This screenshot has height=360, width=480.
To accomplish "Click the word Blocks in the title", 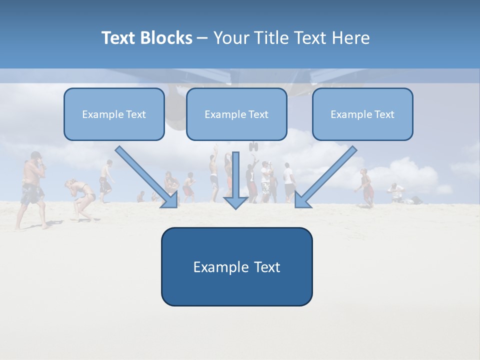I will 167,38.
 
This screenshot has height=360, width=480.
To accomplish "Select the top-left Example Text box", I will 114,114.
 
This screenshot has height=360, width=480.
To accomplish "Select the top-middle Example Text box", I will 236,114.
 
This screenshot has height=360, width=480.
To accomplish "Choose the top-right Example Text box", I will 362,114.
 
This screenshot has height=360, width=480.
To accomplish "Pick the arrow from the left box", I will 145,175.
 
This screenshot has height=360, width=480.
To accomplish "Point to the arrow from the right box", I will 327,175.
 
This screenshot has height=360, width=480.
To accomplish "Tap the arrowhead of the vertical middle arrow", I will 235,202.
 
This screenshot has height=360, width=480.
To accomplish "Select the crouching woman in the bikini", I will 81,197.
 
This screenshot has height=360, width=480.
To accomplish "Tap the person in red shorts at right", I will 367,187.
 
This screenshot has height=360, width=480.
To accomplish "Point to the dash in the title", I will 202,38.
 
